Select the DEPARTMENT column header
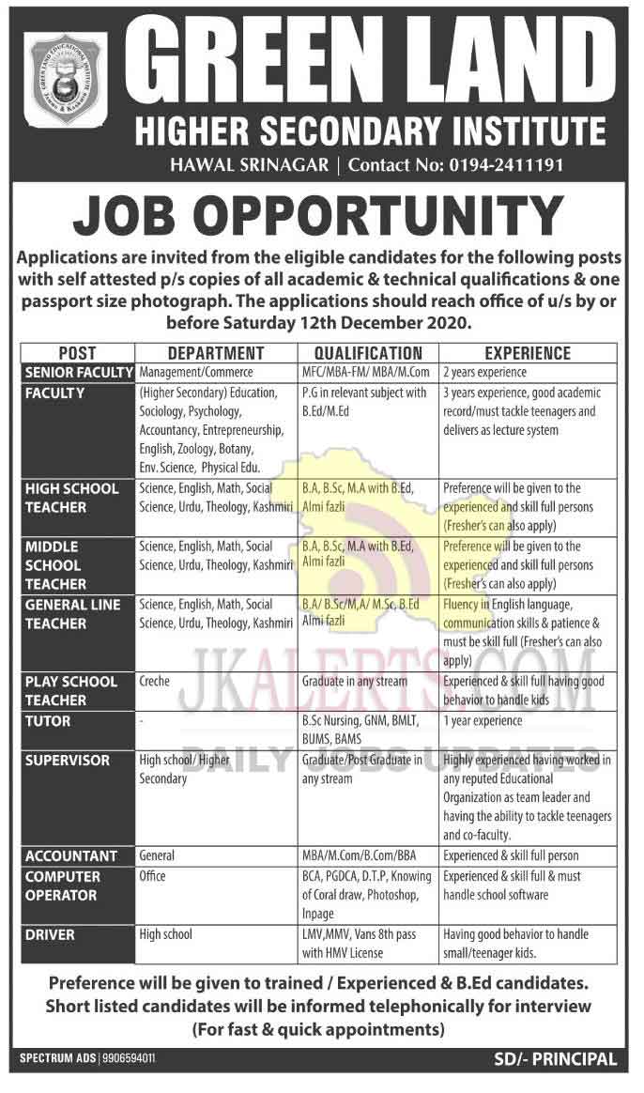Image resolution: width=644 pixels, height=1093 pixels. (x=216, y=353)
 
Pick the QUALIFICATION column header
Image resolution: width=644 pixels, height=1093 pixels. (x=367, y=353)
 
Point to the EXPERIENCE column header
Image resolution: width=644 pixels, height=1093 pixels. (x=527, y=353)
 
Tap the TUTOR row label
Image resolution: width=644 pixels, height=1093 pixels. (x=48, y=721)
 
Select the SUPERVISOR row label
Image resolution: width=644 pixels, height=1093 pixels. (x=68, y=760)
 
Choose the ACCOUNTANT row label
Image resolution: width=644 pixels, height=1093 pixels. (x=71, y=856)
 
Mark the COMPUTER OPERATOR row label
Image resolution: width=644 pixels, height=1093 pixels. (x=63, y=885)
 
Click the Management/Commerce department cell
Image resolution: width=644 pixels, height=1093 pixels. (x=196, y=373)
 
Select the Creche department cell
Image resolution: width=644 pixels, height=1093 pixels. (x=154, y=682)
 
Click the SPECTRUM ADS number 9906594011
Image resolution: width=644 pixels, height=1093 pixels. (x=122, y=1059)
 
